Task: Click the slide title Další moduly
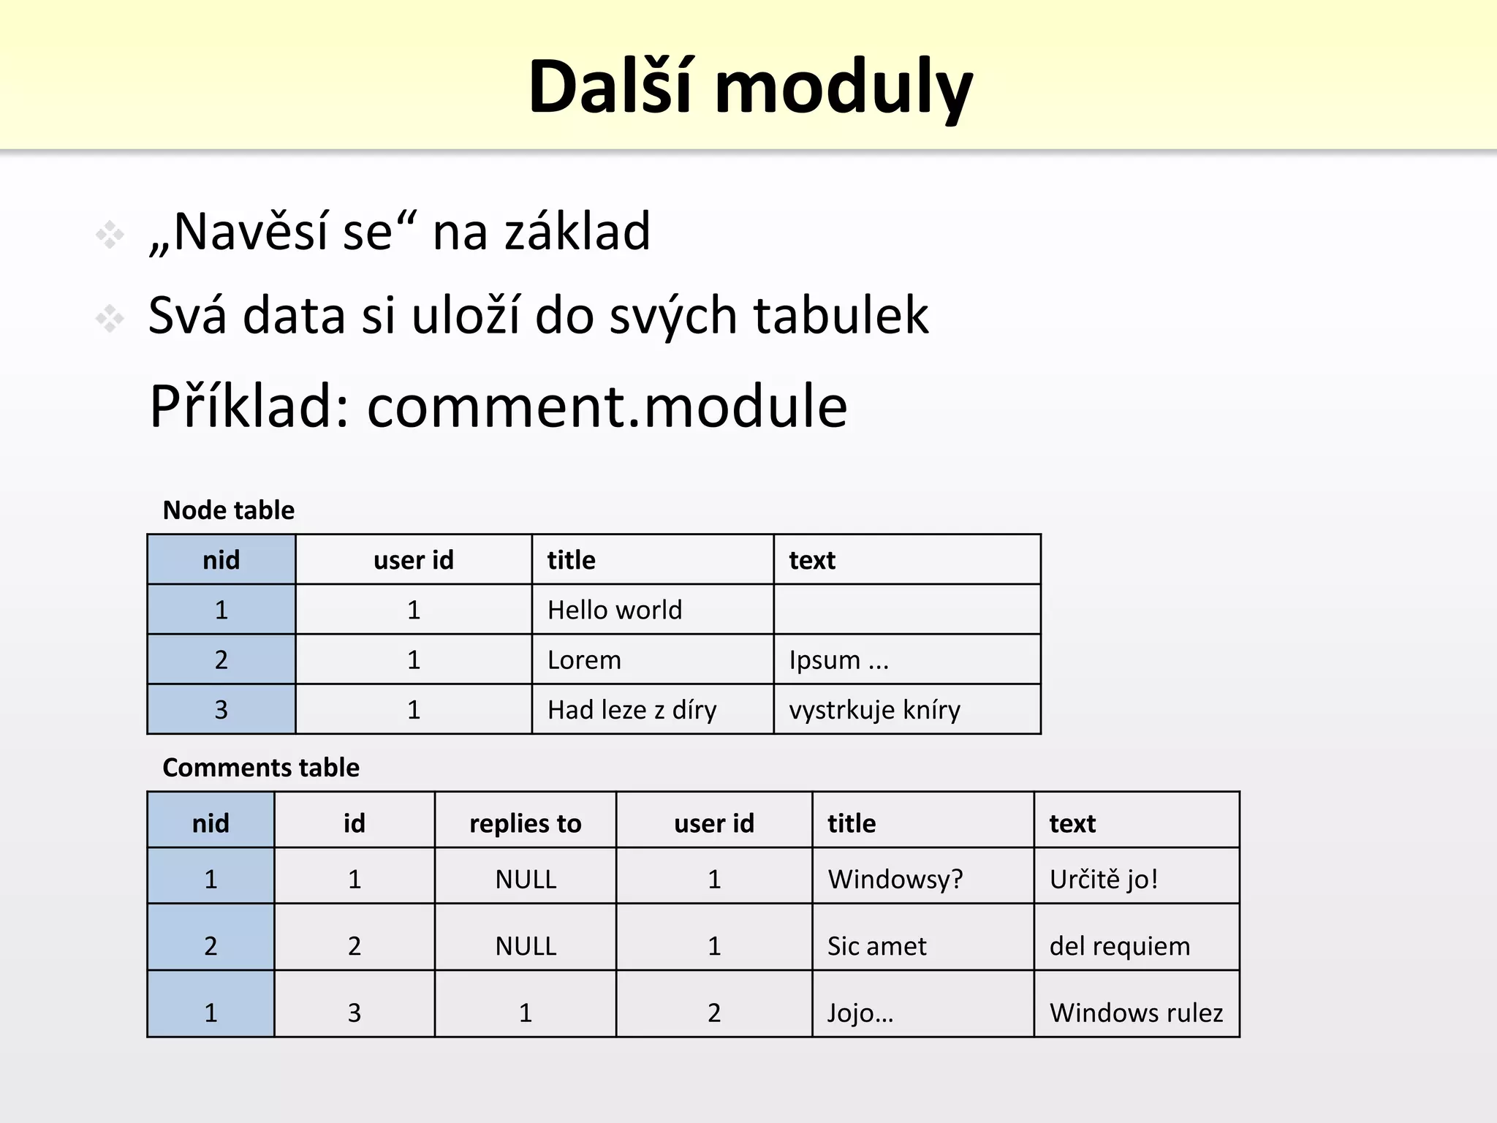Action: click(750, 87)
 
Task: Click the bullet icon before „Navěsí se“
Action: click(110, 235)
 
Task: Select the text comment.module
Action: click(607, 407)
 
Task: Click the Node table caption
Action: click(228, 510)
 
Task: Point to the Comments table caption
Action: click(261, 768)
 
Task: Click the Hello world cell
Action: click(615, 610)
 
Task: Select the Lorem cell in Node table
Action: click(584, 660)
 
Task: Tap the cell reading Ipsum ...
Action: click(838, 660)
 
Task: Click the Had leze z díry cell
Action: click(632, 710)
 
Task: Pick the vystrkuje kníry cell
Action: click(874, 710)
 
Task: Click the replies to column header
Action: click(525, 824)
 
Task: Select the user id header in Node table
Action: click(413, 561)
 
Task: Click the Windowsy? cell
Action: click(895, 879)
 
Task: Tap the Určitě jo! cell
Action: click(1103, 879)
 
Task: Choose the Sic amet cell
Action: click(876, 946)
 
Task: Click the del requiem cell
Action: click(1119, 946)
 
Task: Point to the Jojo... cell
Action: click(860, 1013)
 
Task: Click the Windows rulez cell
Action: click(1135, 1013)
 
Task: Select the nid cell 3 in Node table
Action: click(221, 710)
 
